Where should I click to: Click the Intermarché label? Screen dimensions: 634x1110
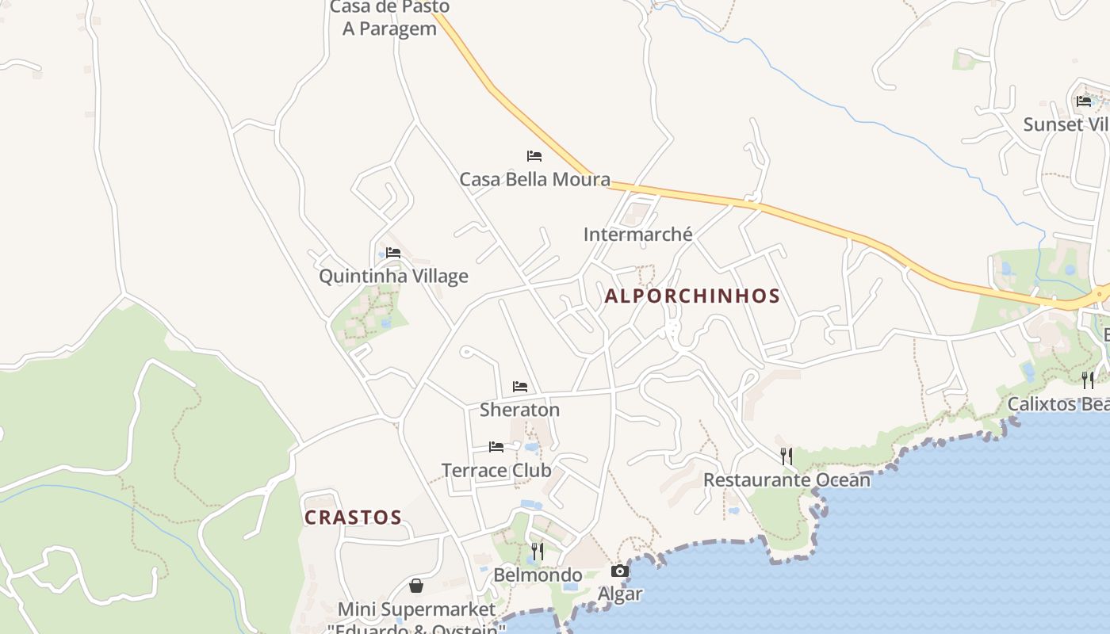coord(637,235)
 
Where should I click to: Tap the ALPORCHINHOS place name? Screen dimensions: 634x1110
coord(692,296)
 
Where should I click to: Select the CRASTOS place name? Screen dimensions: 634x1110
coord(353,518)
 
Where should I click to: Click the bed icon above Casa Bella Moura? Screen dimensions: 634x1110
coord(534,156)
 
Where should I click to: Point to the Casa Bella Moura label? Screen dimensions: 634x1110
coord(535,179)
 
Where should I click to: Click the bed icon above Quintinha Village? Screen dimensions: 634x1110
coord(393,253)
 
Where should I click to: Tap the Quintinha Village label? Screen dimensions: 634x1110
coord(393,276)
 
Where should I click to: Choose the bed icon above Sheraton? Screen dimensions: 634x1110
coord(520,387)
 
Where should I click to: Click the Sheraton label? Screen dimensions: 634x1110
coord(519,410)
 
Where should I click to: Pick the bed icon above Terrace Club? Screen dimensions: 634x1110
coord(496,447)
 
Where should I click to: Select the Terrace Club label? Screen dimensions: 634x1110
coord(496,470)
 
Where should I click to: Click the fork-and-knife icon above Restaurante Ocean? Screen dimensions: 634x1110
coord(787,456)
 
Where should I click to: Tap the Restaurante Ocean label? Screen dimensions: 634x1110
coord(787,479)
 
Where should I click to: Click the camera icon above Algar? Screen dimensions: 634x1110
coord(620,571)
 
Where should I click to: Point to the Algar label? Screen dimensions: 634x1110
coord(620,594)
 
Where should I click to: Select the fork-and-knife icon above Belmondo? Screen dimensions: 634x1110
coord(538,552)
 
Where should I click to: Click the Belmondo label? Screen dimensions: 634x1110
coord(538,575)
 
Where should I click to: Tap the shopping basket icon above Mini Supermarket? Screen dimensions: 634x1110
coord(416,586)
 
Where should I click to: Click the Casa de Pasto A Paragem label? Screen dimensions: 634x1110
coord(389,18)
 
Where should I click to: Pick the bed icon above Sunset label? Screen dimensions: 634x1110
coord(1084,101)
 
